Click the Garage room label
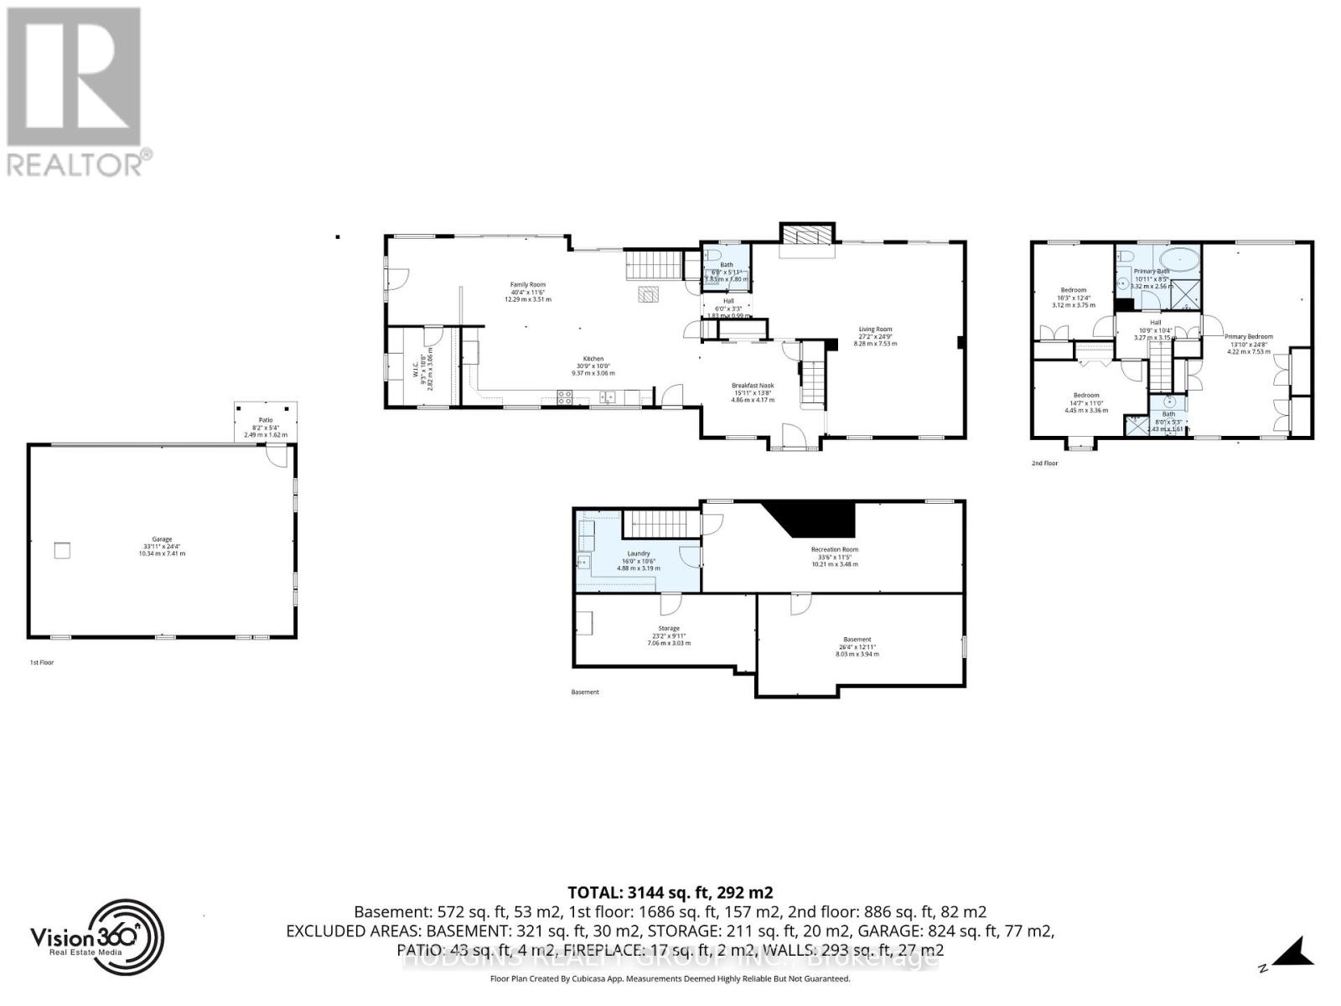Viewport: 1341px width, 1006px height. [x=162, y=540]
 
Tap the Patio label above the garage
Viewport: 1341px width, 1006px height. [x=265, y=420]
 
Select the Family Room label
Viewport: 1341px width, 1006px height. [x=528, y=285]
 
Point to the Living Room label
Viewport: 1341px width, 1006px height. [x=875, y=329]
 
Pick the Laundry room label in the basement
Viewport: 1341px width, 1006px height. [x=639, y=554]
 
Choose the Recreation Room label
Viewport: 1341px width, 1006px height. [x=835, y=550]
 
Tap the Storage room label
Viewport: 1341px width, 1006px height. [x=669, y=628]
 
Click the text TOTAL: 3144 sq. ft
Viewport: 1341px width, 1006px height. [x=670, y=892]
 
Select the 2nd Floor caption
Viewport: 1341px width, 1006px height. [x=1044, y=463]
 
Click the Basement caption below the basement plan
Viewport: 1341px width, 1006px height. [x=585, y=692]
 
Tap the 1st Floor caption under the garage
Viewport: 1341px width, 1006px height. [x=41, y=662]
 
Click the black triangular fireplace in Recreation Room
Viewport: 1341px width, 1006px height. [x=813, y=518]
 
